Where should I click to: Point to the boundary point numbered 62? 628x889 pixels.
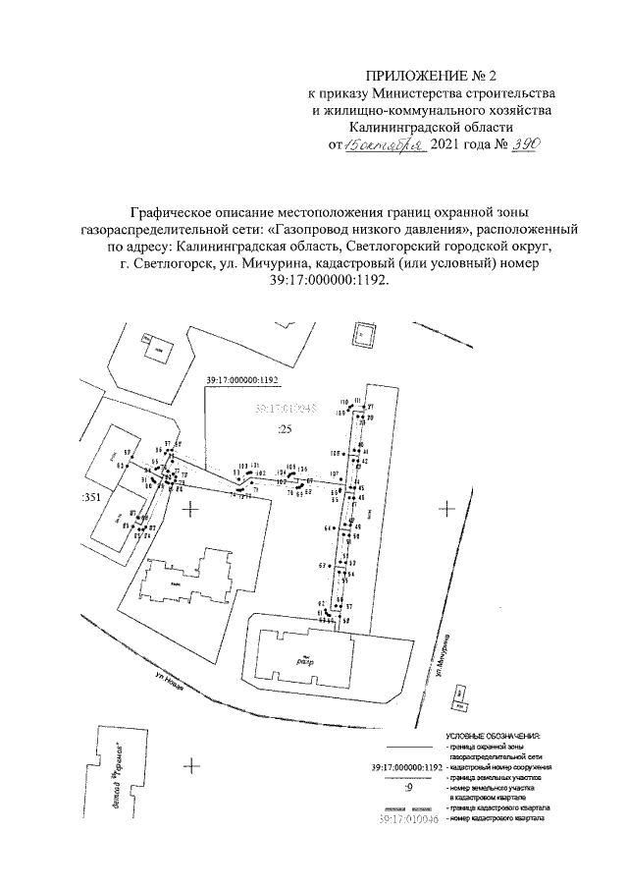point(321,603)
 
